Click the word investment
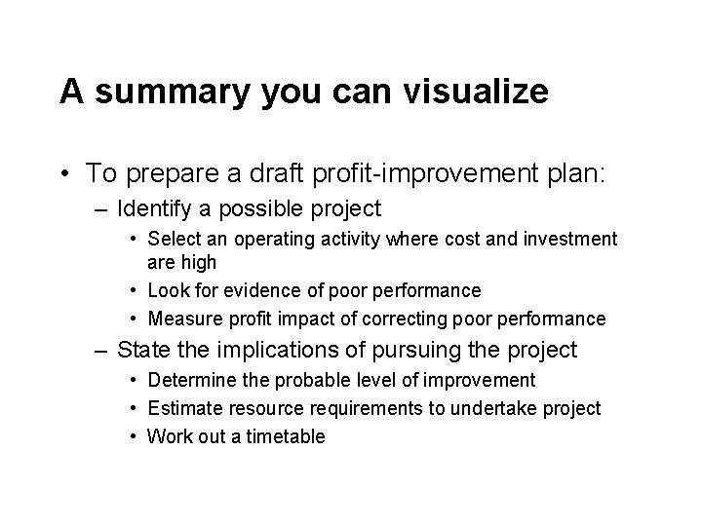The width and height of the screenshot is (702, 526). click(x=568, y=239)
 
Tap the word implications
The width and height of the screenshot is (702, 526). click(x=269, y=350)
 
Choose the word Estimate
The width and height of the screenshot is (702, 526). click(x=181, y=408)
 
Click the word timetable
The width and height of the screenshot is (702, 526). click(x=286, y=436)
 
